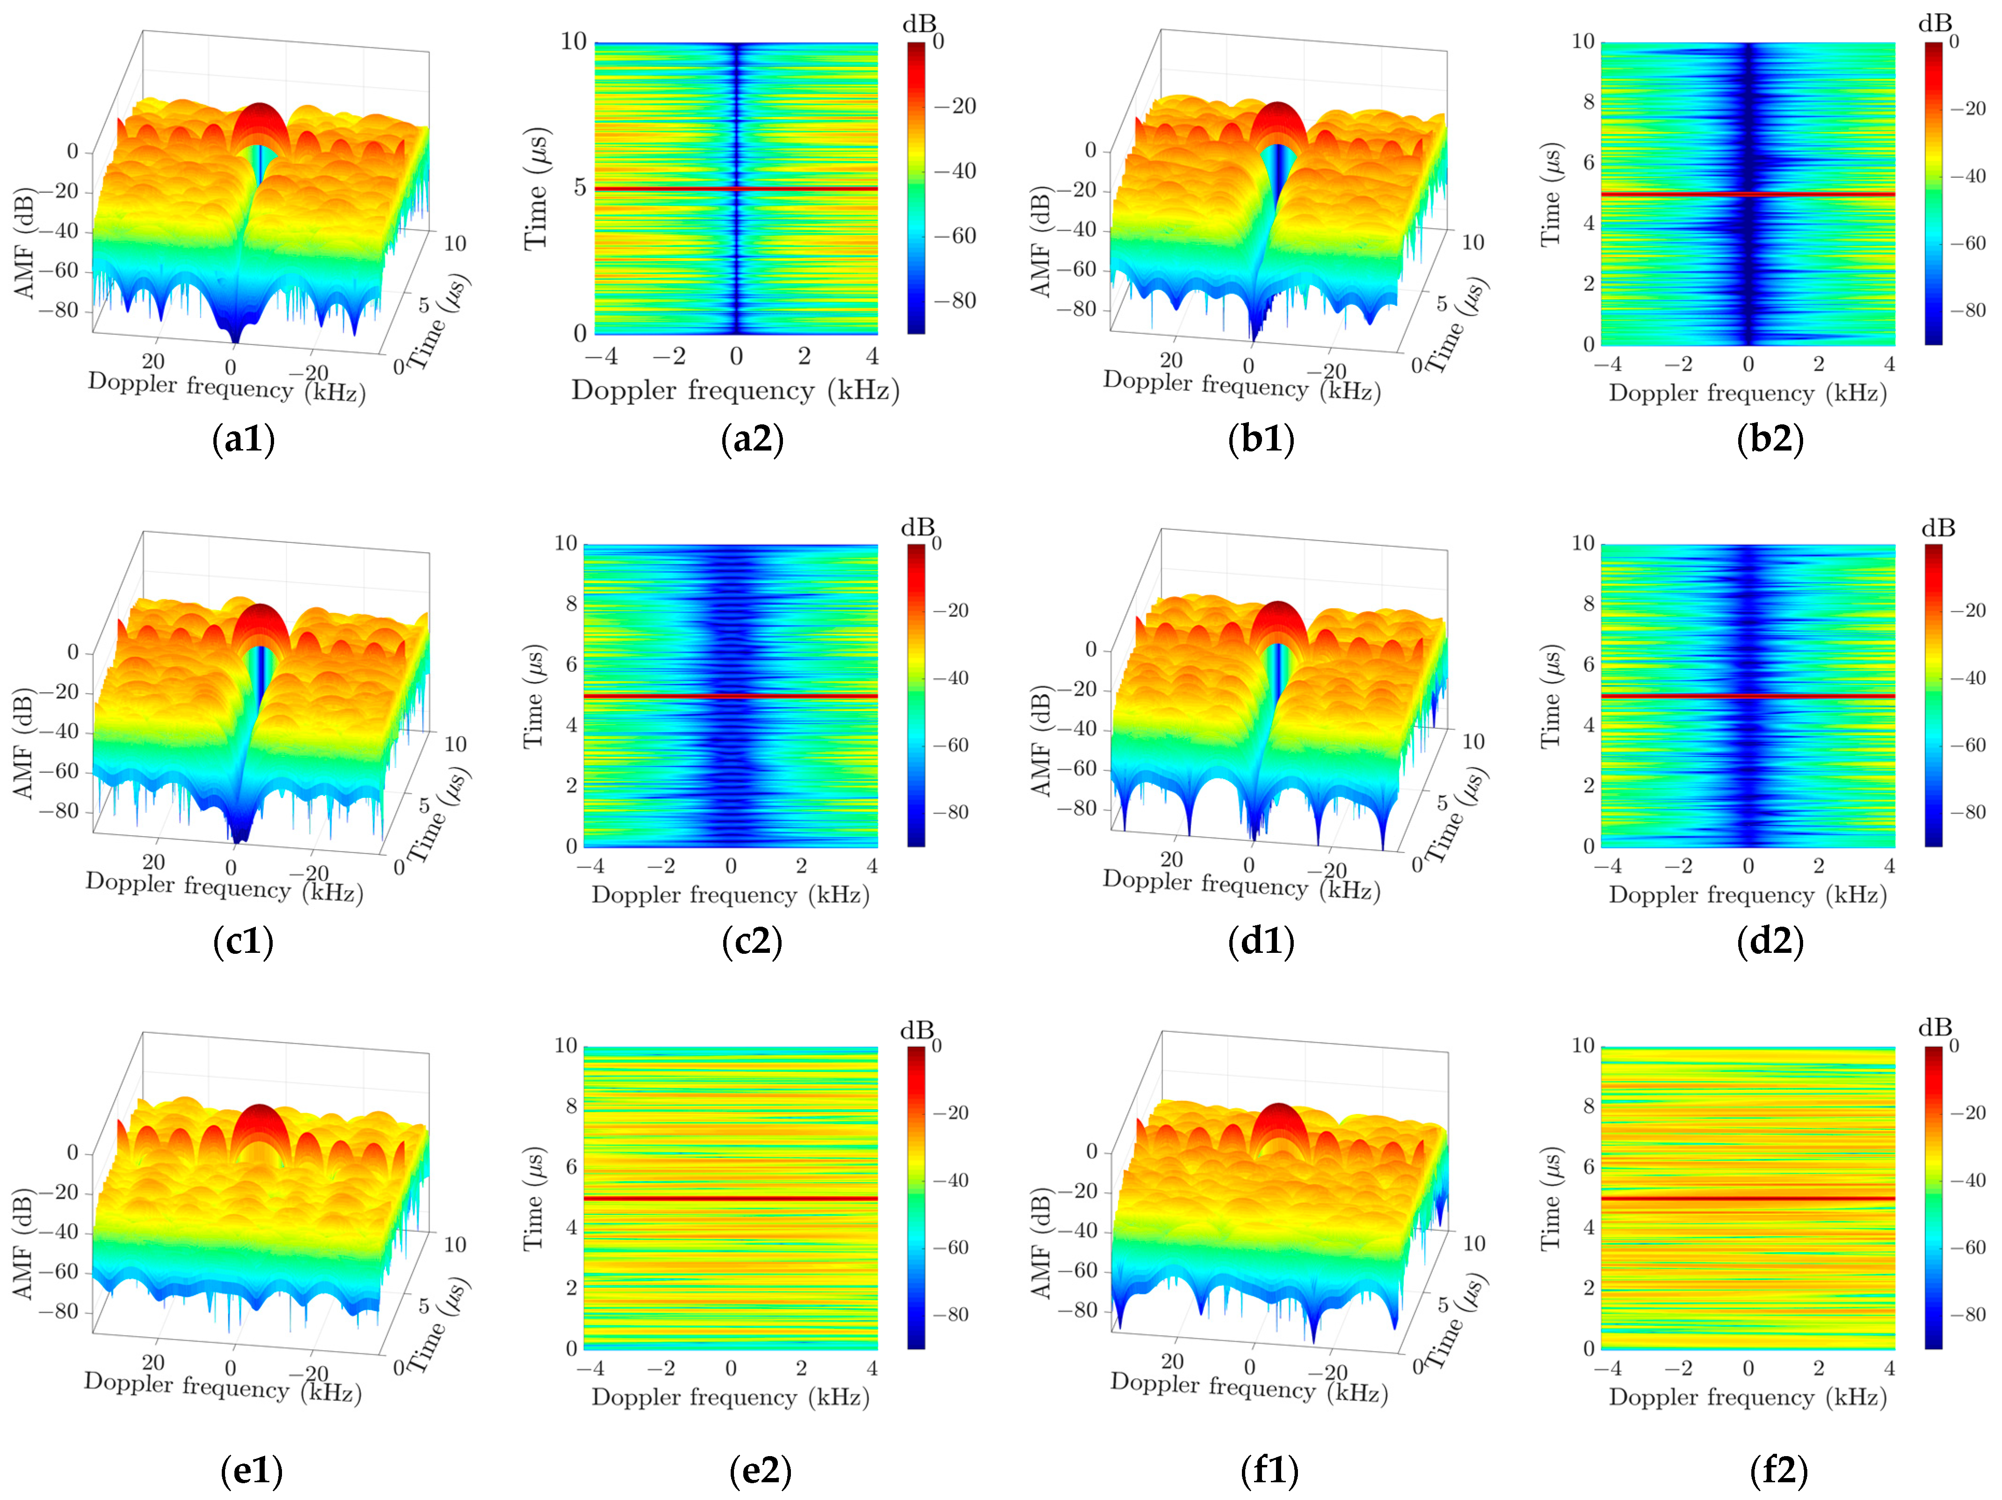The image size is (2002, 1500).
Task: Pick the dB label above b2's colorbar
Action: coord(1935,23)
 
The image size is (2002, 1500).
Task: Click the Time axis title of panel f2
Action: coord(1551,1198)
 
